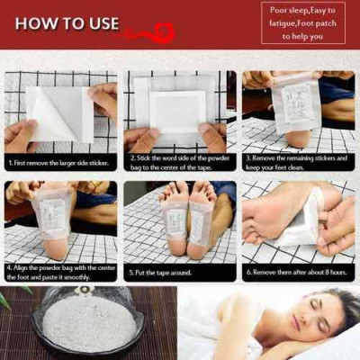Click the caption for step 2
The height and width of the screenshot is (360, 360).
pos(179,164)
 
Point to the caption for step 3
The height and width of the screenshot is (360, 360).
pos(298,164)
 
